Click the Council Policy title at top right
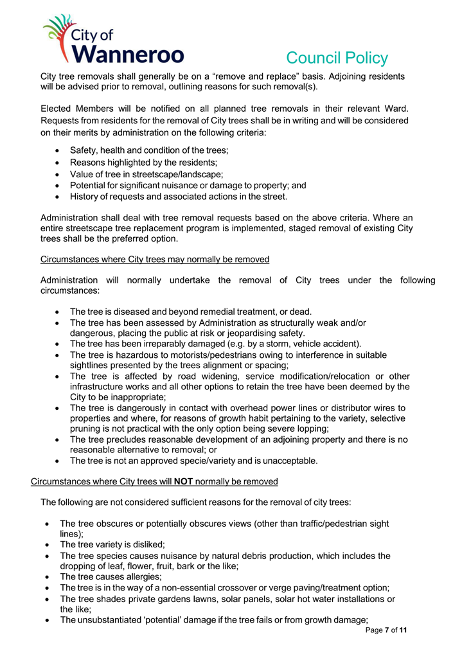click(x=337, y=58)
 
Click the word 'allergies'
click(x=141, y=577)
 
